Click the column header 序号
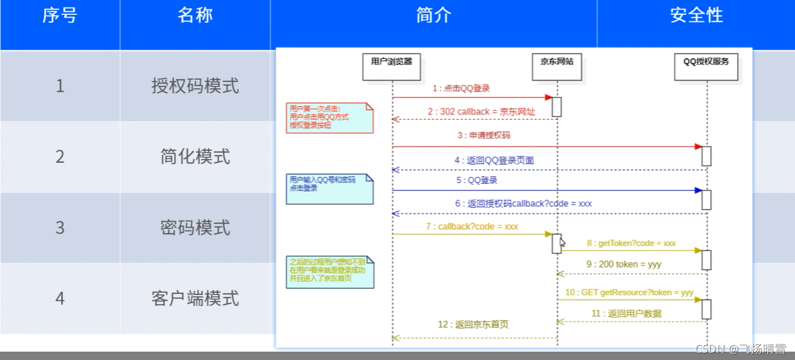[60, 15]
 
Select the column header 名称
[195, 15]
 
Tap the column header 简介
[434, 15]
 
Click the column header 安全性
[696, 15]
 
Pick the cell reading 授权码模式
[195, 86]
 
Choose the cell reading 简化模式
[195, 157]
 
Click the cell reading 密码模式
[195, 228]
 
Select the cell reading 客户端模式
[195, 298]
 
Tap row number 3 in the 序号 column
[60, 228]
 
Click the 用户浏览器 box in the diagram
[392, 66]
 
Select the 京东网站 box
[556, 66]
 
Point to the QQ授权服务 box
[706, 66]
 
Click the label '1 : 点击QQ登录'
[461, 89]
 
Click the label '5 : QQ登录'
[477, 180]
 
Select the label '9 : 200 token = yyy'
[632, 264]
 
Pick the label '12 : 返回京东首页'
[473, 325]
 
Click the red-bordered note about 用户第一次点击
[329, 117]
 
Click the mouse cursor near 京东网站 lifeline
[562, 242]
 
